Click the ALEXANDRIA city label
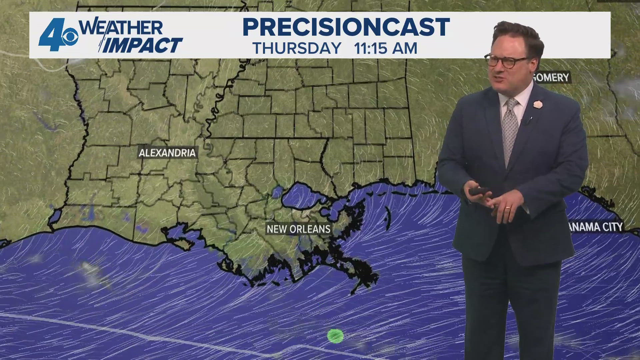[x=167, y=153]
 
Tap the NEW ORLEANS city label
[x=298, y=229]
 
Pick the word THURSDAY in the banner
[x=297, y=48]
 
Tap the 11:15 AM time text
[x=385, y=48]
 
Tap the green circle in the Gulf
[x=335, y=336]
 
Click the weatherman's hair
[x=517, y=33]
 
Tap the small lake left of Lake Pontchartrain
[x=276, y=192]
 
